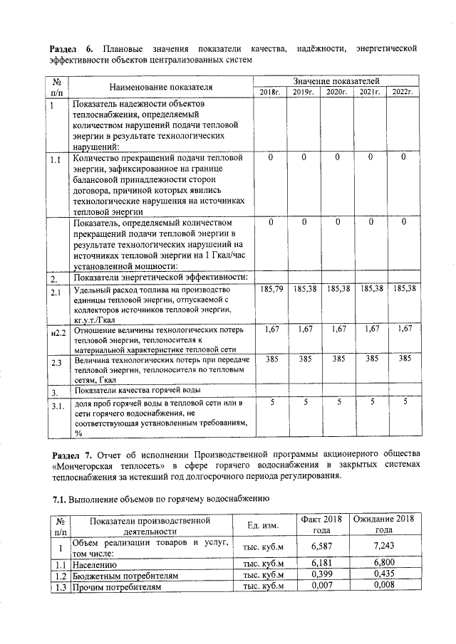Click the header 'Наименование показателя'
[161, 87]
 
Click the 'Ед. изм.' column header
[262, 525]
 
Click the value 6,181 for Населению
[323, 563]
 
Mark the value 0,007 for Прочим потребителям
[323, 586]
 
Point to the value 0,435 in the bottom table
[383, 574]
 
